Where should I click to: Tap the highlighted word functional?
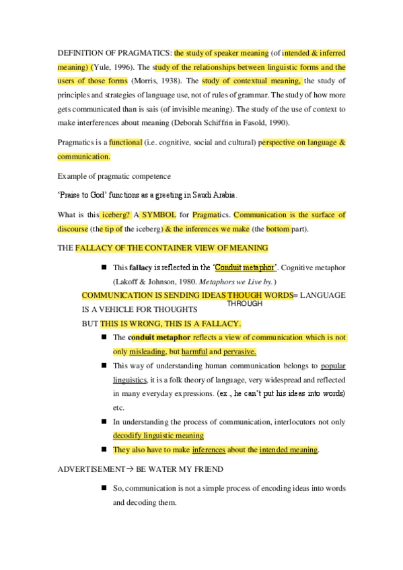pyautogui.click(x=125, y=142)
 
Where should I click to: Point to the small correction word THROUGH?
pyautogui.click(x=245, y=304)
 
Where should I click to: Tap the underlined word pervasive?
pyautogui.click(x=239, y=352)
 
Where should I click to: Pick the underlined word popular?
pyautogui.click(x=333, y=366)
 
